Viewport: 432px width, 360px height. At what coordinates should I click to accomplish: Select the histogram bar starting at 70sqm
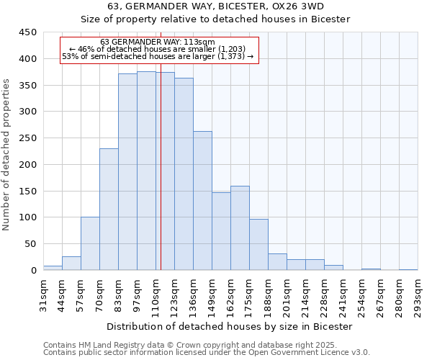[109, 209]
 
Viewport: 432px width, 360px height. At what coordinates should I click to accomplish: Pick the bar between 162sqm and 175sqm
[240, 228]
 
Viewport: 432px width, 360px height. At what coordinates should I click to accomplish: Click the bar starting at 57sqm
[90, 243]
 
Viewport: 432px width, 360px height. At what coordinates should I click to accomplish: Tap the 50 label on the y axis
[30, 244]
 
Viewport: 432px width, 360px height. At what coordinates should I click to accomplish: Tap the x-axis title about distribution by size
[230, 326]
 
